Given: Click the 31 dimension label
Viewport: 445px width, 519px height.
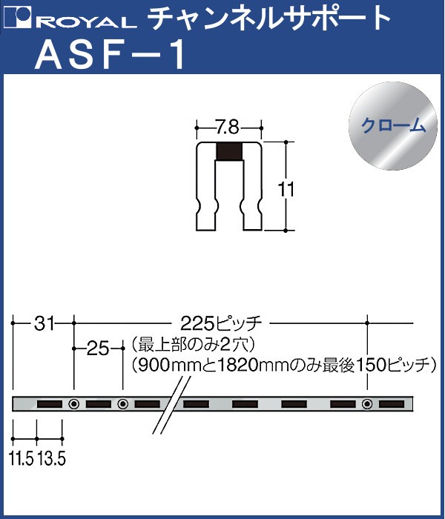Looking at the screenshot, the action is click(43, 323).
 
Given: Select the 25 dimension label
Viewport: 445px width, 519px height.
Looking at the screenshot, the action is click(98, 346).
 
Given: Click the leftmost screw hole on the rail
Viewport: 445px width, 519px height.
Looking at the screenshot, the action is click(73, 404).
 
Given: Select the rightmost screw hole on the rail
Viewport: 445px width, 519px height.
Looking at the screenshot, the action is click(368, 404).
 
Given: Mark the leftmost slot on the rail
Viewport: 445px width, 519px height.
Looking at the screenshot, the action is click(49, 404).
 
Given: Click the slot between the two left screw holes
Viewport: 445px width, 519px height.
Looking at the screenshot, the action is click(98, 404).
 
